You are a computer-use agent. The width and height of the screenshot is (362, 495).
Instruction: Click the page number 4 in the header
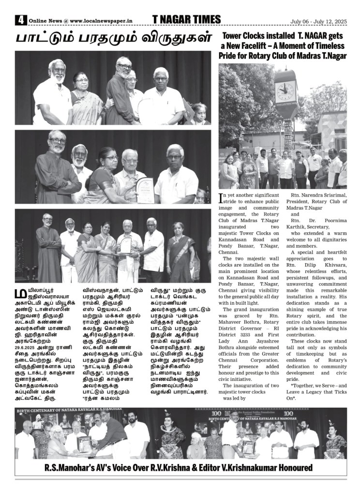(20, 20)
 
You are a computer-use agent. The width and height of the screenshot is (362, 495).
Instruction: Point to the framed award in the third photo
(126, 245)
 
